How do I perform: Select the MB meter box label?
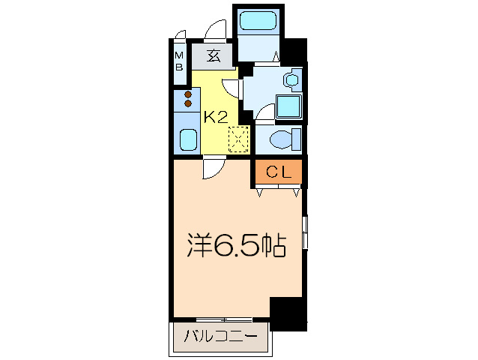point(180,61)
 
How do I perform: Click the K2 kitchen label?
point(216,116)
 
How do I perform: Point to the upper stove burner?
point(188,94)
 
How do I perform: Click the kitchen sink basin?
point(188,139)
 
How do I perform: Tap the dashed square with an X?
point(238,139)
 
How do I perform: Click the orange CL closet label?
point(278,173)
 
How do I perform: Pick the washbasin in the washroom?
point(291,78)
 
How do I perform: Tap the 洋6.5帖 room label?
point(235,245)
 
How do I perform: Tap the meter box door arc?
point(180,35)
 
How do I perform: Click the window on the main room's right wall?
point(305,232)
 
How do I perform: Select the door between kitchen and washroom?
point(233,88)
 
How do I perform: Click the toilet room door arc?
point(264,113)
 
